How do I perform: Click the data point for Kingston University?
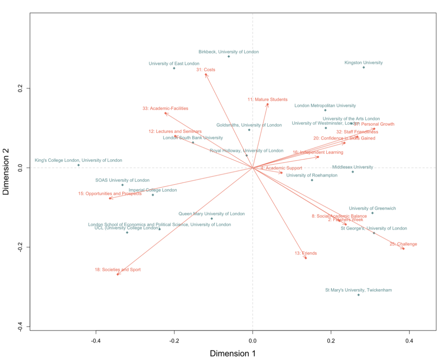[364, 67]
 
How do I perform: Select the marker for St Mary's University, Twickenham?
[358, 295]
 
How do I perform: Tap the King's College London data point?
[78, 165]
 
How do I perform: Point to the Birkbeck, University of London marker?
[228, 57]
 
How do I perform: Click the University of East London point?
[174, 68]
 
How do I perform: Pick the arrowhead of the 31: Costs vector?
[206, 74]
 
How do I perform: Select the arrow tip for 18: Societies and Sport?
[117, 274]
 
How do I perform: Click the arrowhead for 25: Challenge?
[404, 249]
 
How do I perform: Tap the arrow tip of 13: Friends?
[306, 258]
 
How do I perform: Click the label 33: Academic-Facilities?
[165, 108]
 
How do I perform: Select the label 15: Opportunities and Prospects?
[110, 194]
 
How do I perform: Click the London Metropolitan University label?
[325, 106]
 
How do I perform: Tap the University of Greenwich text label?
[372, 208]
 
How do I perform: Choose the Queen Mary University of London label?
[211, 214]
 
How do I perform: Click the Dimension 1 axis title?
[233, 354]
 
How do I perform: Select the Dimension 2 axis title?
[6, 171]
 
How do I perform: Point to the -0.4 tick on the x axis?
[96, 341]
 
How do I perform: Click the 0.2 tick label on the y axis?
[19, 88]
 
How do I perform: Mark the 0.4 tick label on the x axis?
[409, 341]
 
